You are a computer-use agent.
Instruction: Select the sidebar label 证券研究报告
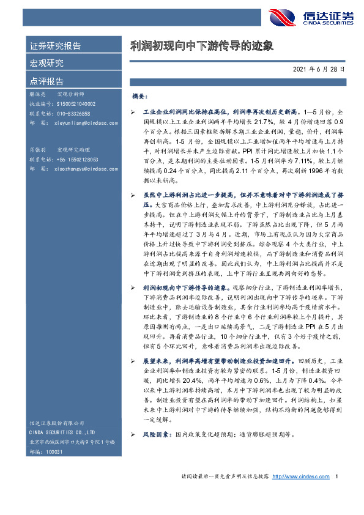pyautogui.click(x=55, y=46)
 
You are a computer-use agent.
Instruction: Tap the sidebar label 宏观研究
pyautogui.click(x=46, y=63)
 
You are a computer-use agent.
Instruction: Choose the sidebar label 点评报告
pyautogui.click(x=46, y=81)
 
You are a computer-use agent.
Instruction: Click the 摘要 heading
pyautogui.click(x=140, y=97)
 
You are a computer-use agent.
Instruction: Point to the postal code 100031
pyautogui.click(x=55, y=451)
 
